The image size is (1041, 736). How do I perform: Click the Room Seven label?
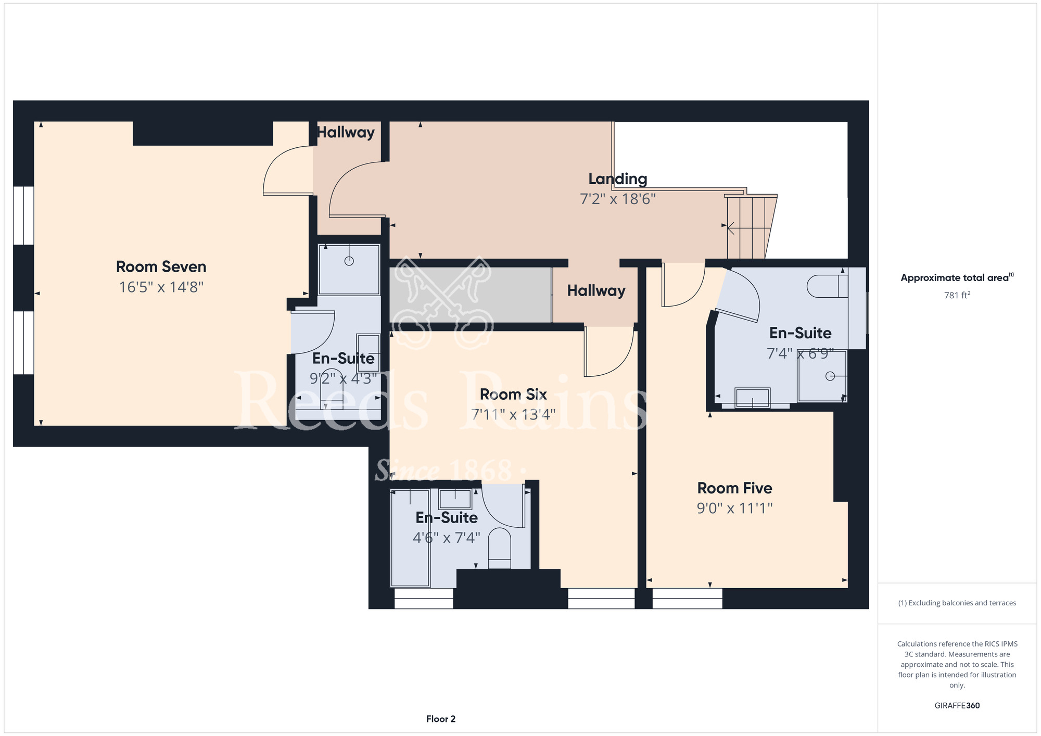tap(161, 267)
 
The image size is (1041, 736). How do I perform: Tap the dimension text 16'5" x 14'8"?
tap(161, 287)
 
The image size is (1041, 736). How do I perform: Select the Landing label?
tap(618, 179)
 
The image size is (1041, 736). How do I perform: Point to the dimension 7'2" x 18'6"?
tap(618, 199)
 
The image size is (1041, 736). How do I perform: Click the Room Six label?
tap(513, 395)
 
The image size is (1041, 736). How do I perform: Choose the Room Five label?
tap(734, 488)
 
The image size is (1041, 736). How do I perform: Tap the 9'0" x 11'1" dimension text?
tap(734, 508)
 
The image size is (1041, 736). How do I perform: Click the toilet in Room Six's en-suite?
tap(500, 548)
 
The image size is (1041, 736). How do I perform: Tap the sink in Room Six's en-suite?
tap(455, 499)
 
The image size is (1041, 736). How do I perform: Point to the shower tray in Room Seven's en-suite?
tap(349, 270)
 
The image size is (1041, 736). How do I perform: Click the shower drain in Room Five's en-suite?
tap(830, 376)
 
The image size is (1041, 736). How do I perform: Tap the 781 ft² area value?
tap(957, 295)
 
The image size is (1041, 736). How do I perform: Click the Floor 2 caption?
tap(441, 719)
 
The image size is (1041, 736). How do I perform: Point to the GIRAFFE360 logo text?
tap(957, 706)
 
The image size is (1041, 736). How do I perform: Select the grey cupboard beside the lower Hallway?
tap(471, 295)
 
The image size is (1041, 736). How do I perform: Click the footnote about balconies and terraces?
tap(957, 603)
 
